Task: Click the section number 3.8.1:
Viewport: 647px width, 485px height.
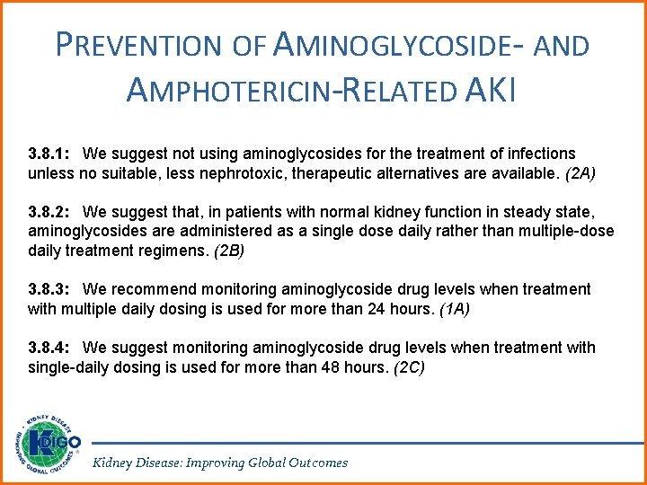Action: coord(52,154)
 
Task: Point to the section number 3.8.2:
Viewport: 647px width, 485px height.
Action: coord(52,212)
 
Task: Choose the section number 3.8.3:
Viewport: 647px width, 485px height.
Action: coord(52,289)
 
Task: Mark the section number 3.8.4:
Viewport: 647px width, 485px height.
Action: coord(52,348)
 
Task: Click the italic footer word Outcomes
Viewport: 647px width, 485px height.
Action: coord(317,463)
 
